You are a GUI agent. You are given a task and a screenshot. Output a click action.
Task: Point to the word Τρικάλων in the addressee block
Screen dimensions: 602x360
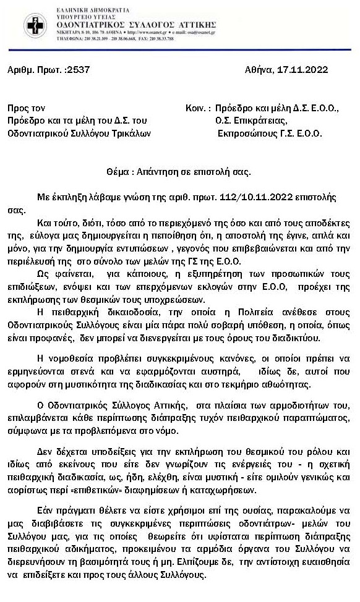tap(129, 132)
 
